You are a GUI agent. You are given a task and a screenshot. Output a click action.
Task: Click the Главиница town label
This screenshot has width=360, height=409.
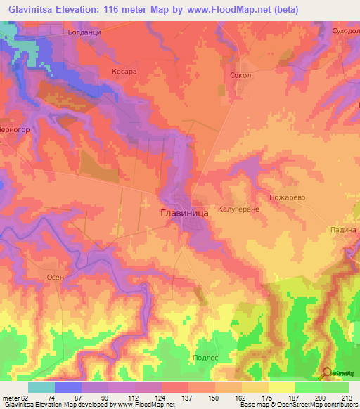[183, 210]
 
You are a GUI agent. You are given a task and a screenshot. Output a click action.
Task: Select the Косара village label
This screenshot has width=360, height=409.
[123, 72]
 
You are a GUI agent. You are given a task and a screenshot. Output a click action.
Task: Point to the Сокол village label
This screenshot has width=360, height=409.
[240, 74]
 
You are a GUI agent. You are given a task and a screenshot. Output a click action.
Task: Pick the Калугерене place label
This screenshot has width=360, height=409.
[239, 209]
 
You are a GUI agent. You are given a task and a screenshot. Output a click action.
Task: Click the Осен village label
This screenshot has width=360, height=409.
[56, 277]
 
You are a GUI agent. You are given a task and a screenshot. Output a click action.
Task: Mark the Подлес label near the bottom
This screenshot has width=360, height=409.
[205, 358]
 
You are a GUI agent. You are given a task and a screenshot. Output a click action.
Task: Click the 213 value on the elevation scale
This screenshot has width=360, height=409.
[335, 397]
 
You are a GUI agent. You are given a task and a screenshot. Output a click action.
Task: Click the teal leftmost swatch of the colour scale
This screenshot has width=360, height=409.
[41, 387]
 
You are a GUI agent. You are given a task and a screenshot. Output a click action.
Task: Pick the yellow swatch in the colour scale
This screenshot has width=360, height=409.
[281, 387]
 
